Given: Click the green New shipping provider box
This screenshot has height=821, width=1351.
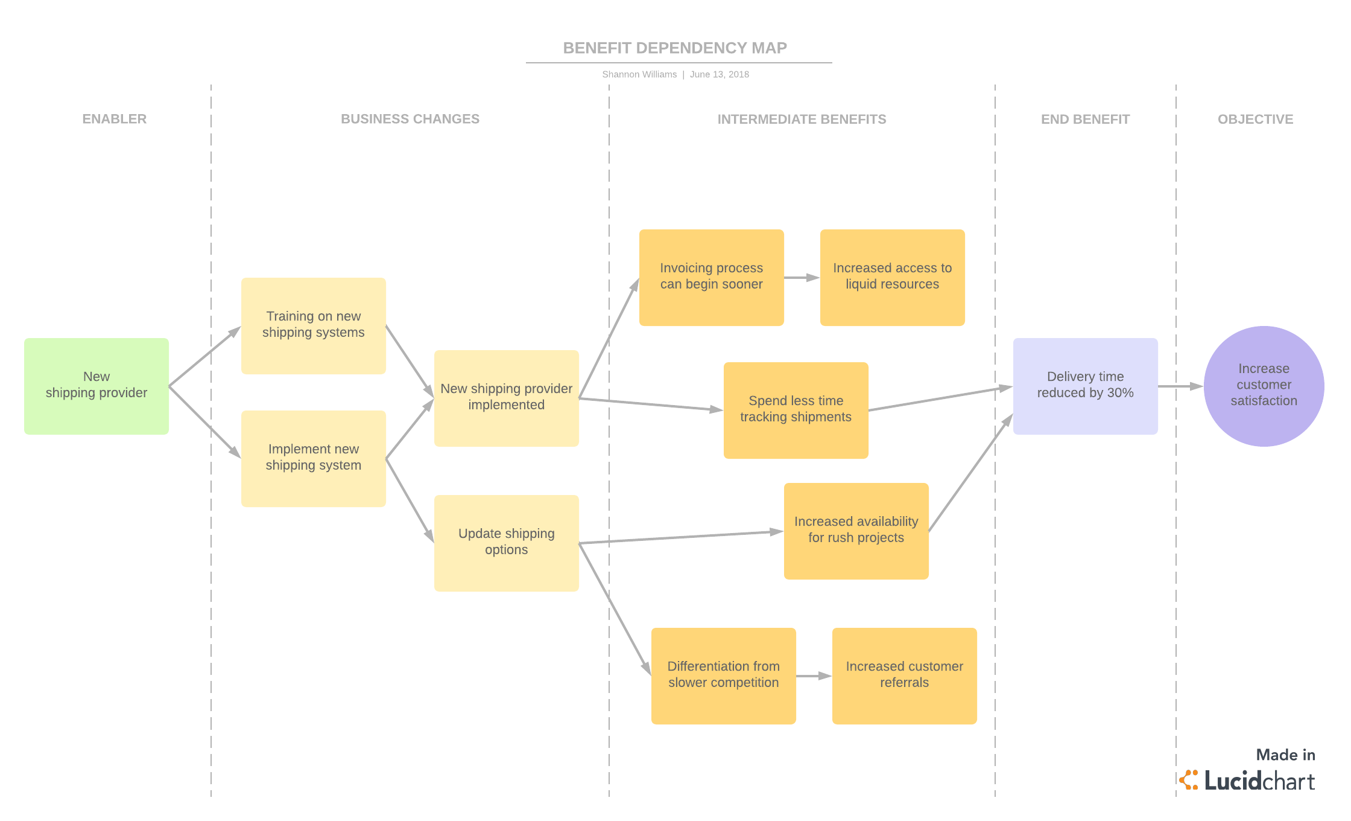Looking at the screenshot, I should [96, 386].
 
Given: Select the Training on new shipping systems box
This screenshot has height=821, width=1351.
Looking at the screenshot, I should [313, 325].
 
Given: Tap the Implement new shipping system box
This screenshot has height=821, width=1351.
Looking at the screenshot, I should [313, 458].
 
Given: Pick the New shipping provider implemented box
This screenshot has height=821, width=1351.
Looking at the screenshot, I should [506, 398].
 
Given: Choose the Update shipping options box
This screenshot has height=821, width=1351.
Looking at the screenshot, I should [506, 543].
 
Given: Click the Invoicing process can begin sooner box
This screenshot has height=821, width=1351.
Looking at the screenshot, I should [711, 277].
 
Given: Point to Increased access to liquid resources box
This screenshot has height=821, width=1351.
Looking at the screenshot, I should [892, 277].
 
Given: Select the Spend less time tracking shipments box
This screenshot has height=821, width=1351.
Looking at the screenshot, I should [796, 410].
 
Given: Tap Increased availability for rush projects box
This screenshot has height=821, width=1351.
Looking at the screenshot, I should [856, 531].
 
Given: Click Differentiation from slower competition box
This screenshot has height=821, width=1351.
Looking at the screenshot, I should [723, 676].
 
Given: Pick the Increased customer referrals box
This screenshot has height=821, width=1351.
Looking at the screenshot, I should [904, 676].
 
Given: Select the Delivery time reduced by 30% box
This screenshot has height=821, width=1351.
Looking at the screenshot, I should [1085, 386].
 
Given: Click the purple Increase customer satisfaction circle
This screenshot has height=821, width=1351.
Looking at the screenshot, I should [1264, 386].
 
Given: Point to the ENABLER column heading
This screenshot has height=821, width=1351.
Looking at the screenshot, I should [115, 119].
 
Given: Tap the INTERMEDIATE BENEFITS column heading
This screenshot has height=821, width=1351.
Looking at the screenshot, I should [802, 119].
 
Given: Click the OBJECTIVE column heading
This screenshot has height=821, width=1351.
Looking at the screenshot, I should [1255, 119].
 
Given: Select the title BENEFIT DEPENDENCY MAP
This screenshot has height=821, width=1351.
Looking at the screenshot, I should [675, 48].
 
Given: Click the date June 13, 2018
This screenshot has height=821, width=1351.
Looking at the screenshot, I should [720, 74].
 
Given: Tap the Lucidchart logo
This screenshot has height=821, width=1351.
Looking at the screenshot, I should [1248, 780].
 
